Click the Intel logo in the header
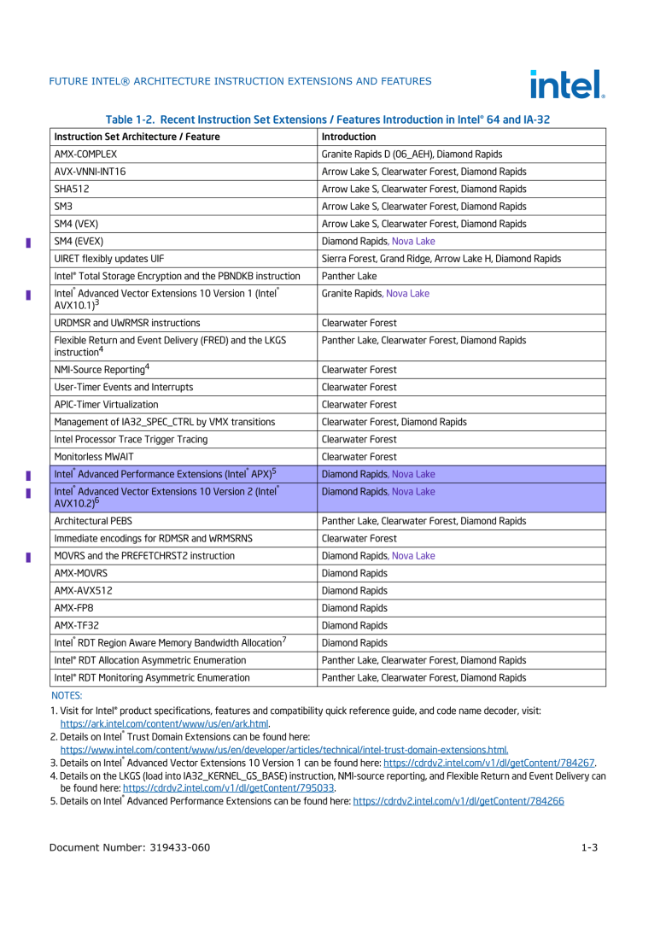coord(567,84)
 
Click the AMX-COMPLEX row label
coord(85,155)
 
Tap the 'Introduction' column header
coord(348,137)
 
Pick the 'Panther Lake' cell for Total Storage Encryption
coord(348,276)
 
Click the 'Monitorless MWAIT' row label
coord(94,457)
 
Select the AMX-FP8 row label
coord(74,608)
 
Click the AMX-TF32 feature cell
coord(76,625)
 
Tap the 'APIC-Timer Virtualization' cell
coord(106,405)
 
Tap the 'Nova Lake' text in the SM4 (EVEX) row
coord(413,241)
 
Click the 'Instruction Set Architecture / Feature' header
coord(137,137)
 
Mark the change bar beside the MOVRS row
coord(28,557)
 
